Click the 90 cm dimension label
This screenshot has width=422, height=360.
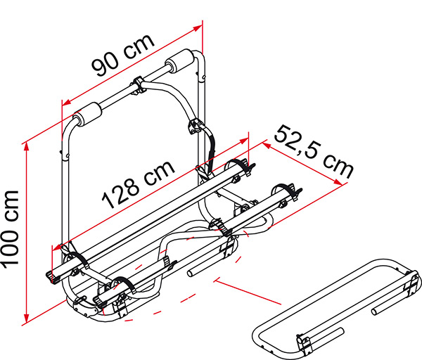point(123,56)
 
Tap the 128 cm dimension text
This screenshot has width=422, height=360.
point(139,185)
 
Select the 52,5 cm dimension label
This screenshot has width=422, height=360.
point(314,151)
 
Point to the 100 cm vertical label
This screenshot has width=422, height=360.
point(10,229)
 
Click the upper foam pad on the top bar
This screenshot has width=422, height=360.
point(180,61)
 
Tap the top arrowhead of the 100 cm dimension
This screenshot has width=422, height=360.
point(27,147)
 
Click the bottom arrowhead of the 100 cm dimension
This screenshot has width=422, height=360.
point(27,318)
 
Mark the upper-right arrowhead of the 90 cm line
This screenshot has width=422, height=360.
point(198,27)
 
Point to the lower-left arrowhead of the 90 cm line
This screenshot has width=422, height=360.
point(66,103)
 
